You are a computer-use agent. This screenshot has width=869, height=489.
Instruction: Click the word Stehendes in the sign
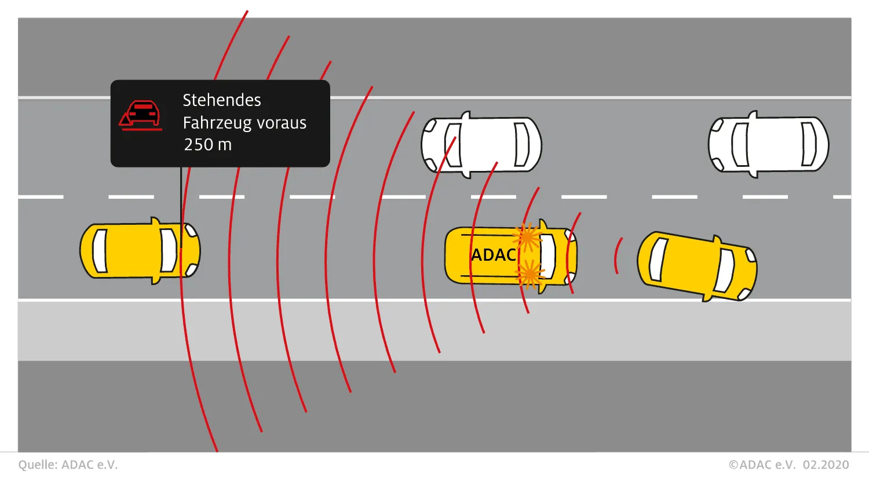(222, 100)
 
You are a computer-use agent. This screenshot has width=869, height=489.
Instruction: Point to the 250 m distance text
(207, 145)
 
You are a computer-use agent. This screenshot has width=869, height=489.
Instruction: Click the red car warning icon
(141, 115)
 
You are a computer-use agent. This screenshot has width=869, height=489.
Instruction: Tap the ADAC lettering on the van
(494, 255)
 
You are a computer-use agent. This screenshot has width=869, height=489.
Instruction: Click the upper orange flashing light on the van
(528, 237)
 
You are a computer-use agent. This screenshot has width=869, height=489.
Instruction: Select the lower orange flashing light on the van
(530, 273)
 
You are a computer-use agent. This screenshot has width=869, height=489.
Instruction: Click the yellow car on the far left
(140, 251)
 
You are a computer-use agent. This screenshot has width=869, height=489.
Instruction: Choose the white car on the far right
(768, 144)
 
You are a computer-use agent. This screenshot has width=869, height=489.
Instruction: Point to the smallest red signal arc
(618, 256)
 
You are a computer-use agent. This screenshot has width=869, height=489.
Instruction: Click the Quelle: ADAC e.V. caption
(68, 465)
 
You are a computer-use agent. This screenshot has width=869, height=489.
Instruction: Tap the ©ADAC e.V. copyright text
(762, 465)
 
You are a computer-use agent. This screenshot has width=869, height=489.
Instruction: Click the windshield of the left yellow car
(169, 251)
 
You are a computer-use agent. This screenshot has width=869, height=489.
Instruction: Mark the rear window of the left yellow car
(100, 251)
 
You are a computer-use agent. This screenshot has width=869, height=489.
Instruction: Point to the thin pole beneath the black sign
(181, 197)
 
